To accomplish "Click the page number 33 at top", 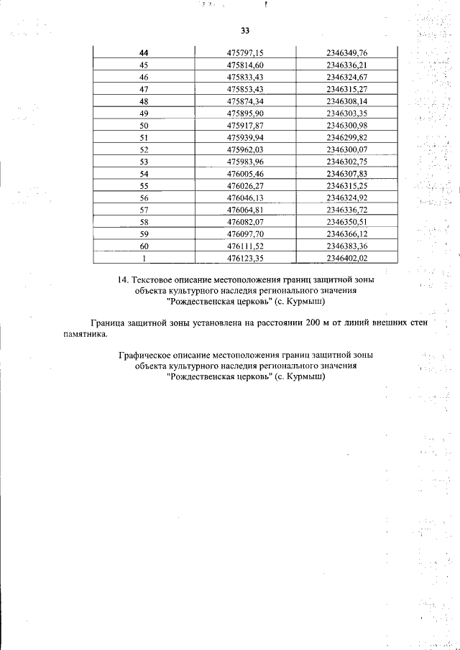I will (x=245, y=31).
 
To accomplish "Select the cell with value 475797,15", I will (x=246, y=52).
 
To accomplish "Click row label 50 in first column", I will (x=144, y=126).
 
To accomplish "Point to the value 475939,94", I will (x=246, y=138).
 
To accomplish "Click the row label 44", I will (x=144, y=52).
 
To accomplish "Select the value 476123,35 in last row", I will (x=246, y=259).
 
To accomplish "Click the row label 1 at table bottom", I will (x=144, y=259).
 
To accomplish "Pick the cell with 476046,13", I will (x=246, y=198).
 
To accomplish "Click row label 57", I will (x=144, y=210).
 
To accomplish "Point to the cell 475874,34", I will (x=246, y=101).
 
